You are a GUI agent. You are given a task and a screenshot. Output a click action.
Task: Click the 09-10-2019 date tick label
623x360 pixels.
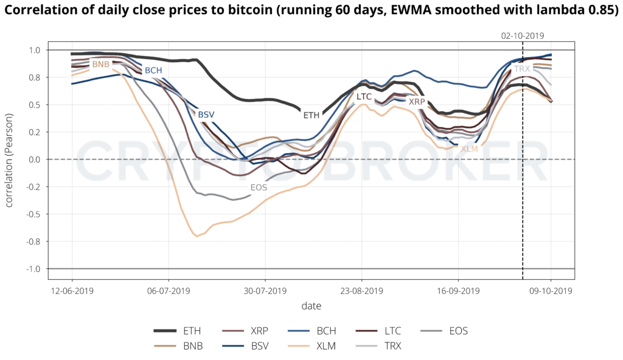click(x=551, y=291)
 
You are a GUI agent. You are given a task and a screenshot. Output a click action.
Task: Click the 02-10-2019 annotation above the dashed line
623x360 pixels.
click(x=523, y=36)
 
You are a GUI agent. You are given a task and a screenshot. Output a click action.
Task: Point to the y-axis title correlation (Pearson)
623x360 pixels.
click(x=10, y=159)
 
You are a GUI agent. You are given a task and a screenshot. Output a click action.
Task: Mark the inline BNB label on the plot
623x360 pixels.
click(x=100, y=64)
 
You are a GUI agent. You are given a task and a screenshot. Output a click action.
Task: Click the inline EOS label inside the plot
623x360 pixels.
click(x=259, y=188)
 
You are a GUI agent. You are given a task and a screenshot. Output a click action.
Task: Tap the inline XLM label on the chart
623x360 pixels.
click(x=469, y=148)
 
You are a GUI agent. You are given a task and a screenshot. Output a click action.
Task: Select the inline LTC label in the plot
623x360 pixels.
click(x=364, y=96)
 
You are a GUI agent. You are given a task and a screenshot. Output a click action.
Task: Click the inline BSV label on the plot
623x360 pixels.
click(x=206, y=114)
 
